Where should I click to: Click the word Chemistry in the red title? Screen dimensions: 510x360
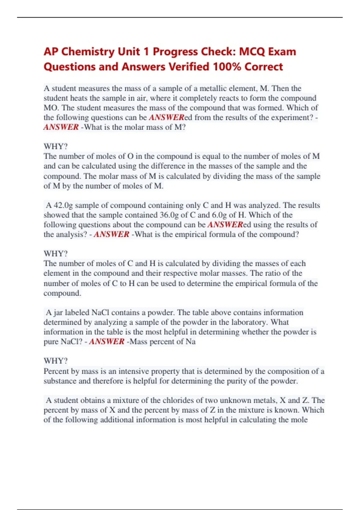[88, 52]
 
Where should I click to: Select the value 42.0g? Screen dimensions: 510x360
[63, 205]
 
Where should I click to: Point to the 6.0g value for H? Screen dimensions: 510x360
[212, 215]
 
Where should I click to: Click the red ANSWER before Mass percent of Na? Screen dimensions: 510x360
[106, 341]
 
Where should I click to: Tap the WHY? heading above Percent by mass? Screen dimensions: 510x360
[55, 361]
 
